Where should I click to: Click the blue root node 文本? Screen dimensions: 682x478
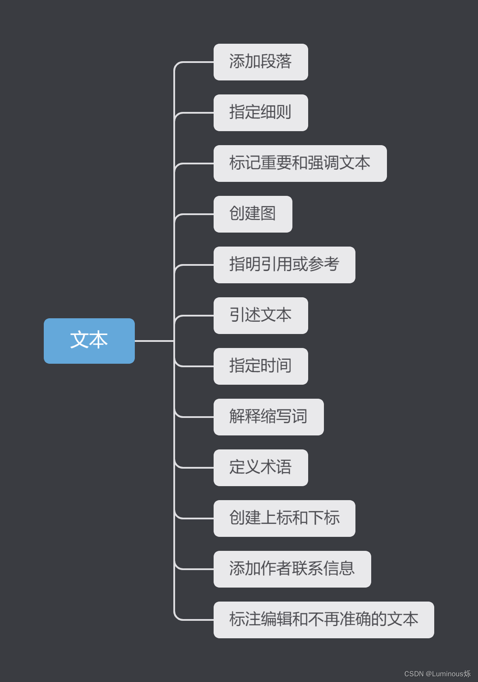(x=89, y=341)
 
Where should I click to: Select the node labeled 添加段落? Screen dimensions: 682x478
(x=260, y=62)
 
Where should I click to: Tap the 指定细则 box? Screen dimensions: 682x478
(x=260, y=113)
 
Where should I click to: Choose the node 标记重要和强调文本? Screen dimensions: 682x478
(x=300, y=164)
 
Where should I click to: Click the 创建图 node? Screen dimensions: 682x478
(x=253, y=214)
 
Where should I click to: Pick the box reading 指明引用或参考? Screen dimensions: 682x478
(x=284, y=265)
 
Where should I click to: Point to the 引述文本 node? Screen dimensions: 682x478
(x=260, y=316)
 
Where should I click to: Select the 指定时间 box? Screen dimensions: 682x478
(x=260, y=366)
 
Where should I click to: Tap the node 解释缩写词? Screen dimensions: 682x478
(x=268, y=417)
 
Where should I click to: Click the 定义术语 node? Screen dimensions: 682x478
(x=260, y=468)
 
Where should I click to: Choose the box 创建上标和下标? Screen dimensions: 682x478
(x=284, y=518)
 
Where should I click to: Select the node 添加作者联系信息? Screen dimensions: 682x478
(x=292, y=569)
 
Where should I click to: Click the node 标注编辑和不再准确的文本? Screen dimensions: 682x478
(x=323, y=620)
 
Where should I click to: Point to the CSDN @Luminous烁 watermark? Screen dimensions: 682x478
(x=437, y=674)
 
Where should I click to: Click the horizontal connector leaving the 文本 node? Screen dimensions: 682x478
(x=154, y=341)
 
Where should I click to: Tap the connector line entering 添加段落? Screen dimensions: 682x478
(x=197, y=62)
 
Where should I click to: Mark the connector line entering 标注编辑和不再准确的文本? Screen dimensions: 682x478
(x=197, y=620)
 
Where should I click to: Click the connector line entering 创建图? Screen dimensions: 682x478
(x=197, y=214)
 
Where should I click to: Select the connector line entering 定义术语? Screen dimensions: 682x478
(x=197, y=468)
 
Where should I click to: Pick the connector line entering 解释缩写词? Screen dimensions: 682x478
(x=197, y=417)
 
